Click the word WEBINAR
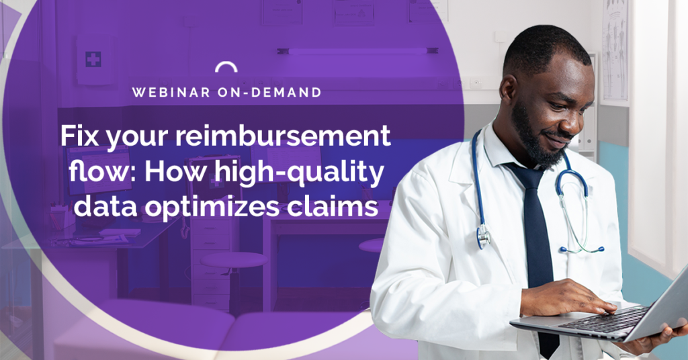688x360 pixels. point(171,92)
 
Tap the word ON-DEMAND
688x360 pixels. point(269,92)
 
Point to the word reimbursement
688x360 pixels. point(283,136)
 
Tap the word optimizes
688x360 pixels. point(212,208)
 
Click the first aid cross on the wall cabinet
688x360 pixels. point(93,58)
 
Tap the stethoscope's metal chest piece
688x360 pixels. point(484,236)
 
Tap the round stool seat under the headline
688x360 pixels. point(234,259)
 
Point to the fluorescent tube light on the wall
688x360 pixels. point(357,51)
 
